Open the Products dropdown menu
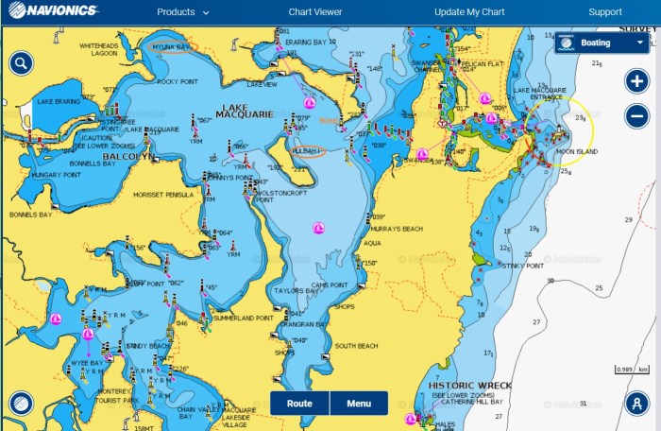coord(183,12)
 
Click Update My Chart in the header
coord(470,12)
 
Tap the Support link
coord(604,12)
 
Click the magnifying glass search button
coord(21,63)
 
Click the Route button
coord(299,404)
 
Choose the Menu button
coord(359,404)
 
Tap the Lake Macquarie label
coord(245,111)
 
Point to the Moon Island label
coord(576,151)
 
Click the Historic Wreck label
coord(469,386)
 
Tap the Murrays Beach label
coord(397,230)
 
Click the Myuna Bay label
coord(171,46)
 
